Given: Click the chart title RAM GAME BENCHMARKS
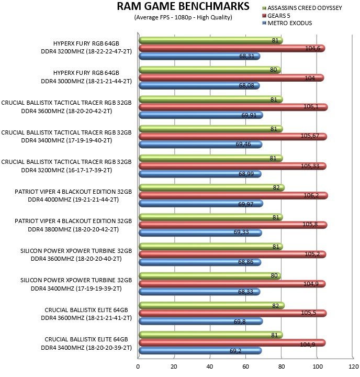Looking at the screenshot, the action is click(x=183, y=6).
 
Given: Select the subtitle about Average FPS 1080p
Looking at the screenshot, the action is click(x=183, y=18).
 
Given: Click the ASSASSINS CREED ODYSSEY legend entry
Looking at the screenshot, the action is click(x=302, y=8).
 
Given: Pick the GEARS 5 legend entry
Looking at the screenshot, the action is click(x=276, y=16).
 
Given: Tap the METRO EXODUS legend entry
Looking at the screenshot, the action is click(x=287, y=23).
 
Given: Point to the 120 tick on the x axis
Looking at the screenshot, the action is click(x=354, y=367).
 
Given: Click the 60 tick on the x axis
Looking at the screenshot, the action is click(x=245, y=367).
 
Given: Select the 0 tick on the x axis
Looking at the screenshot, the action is click(x=138, y=367).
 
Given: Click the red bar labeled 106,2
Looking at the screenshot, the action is click(x=233, y=195).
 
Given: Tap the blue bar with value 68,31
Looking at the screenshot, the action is click(x=199, y=56).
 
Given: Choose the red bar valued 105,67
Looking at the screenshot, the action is click(x=233, y=137).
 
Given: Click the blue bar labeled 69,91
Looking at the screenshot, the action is click(x=201, y=115).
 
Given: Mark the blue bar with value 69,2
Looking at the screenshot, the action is click(x=200, y=350).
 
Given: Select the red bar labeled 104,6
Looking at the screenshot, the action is click(x=232, y=48).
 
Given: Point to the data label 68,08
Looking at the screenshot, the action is click(x=246, y=85).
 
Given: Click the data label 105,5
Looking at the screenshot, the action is click(x=309, y=313).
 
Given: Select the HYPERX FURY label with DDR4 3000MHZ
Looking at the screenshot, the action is click(x=86, y=77).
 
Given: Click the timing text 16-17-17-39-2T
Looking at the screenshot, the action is click(x=89, y=170).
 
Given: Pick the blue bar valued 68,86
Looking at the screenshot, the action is click(x=200, y=262).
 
